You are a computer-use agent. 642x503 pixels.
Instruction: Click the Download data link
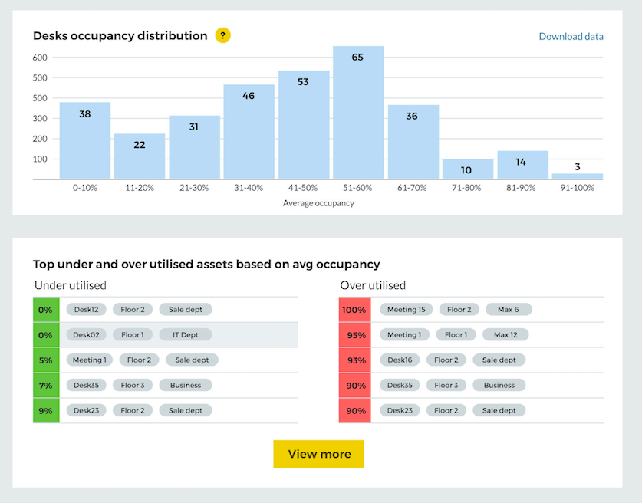571,36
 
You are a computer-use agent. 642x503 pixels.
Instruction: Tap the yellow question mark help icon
222,35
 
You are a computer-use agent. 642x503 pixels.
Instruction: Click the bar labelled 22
140,156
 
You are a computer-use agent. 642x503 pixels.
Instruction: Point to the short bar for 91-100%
577,176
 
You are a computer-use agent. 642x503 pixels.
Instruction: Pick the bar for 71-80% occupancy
468,169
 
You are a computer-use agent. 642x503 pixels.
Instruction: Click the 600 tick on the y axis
41,58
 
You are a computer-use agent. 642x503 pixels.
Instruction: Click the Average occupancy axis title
318,203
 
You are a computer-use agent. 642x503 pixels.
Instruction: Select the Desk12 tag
86,310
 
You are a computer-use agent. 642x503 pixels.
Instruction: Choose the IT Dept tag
185,335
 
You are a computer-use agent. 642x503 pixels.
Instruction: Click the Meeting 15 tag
406,310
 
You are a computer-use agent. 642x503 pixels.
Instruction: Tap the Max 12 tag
505,335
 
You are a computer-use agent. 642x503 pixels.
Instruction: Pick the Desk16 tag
400,360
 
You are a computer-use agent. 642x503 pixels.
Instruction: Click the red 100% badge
354,310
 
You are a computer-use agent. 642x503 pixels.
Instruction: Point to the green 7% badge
45,385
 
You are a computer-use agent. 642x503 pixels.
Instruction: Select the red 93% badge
354,360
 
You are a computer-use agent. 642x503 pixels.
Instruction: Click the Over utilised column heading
373,285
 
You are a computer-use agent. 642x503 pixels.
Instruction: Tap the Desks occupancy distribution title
120,36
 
